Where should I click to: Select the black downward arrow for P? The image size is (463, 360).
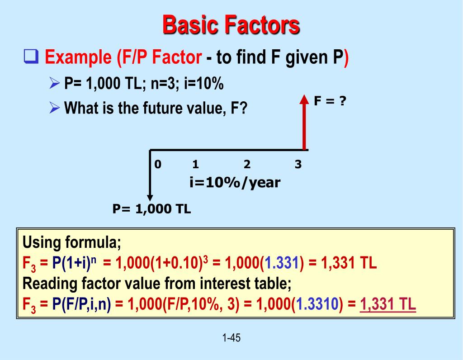pyautogui.click(x=150, y=176)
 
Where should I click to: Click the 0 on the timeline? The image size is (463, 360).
pyautogui.click(x=157, y=165)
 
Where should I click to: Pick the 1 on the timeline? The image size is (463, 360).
pyautogui.click(x=196, y=165)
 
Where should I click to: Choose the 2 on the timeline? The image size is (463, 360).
pyautogui.click(x=247, y=165)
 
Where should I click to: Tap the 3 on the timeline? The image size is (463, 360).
pyautogui.click(x=298, y=165)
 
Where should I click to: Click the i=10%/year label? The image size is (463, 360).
pyautogui.click(x=235, y=183)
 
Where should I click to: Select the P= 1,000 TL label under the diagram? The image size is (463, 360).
pyautogui.click(x=151, y=209)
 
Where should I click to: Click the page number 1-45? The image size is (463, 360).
pyautogui.click(x=231, y=337)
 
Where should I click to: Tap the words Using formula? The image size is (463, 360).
pyautogui.click(x=72, y=243)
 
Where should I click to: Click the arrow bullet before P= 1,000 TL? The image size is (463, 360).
pyautogui.click(x=54, y=84)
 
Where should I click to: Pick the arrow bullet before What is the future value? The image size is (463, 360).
pyautogui.click(x=54, y=108)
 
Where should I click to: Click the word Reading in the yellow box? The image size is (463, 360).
pyautogui.click(x=47, y=284)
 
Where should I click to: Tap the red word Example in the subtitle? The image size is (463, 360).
pyautogui.click(x=79, y=58)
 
